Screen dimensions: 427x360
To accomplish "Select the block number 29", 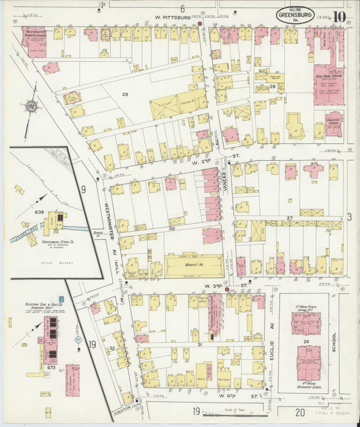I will (124, 94).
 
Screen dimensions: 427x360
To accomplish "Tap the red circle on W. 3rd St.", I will (226, 288).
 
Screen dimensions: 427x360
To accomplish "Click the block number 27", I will (289, 218).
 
